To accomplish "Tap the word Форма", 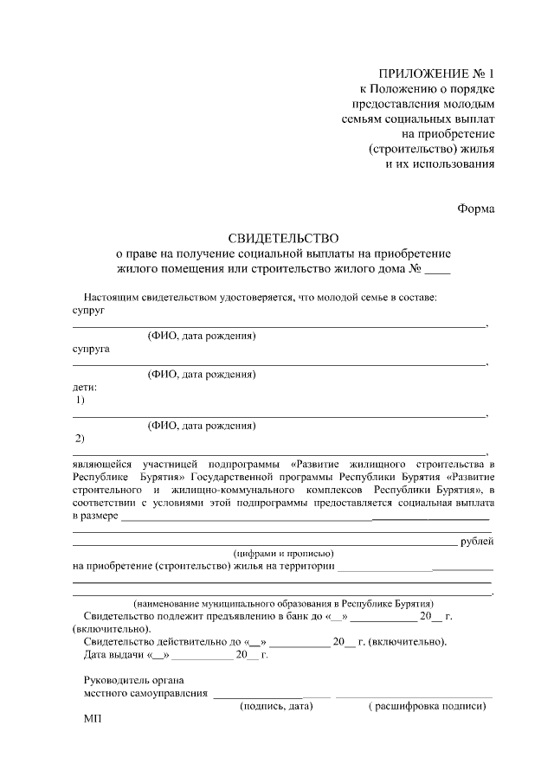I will pos(475,207).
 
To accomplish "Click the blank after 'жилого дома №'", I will pos(438,269).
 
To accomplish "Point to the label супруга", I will pos(92,350).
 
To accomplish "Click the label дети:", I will pos(85,387).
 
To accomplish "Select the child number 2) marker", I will pos(81,438).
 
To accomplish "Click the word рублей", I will pos(477,541).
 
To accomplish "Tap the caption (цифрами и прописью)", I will pos(283,554).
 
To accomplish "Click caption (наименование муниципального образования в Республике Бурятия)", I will pos(283,603).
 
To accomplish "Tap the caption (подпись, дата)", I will pos(275,706).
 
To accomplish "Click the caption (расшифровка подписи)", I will pos(426,706).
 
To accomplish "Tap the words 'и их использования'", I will pos(439,164).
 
